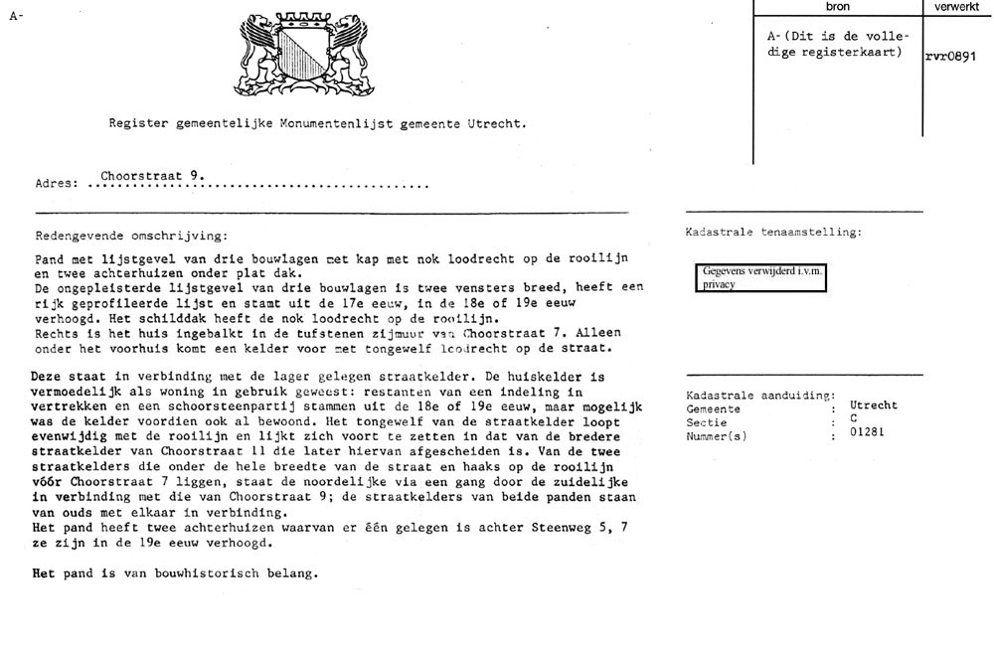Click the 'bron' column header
(x=837, y=7)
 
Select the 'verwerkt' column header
(x=957, y=7)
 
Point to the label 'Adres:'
(x=56, y=184)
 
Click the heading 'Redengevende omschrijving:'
(x=129, y=237)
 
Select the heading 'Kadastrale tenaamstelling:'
(x=773, y=233)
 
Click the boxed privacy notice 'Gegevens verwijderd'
(x=761, y=276)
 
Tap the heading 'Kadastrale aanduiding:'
(x=760, y=396)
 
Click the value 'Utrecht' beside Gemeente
(x=874, y=405)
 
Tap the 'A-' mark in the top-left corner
(x=16, y=16)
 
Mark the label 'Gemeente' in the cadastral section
(x=713, y=407)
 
